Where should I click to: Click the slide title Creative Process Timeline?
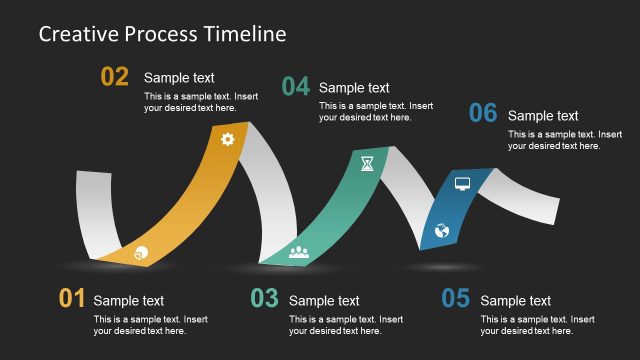(x=162, y=34)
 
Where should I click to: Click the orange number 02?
(x=115, y=77)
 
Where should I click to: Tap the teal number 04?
(x=295, y=87)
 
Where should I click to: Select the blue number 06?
(x=483, y=114)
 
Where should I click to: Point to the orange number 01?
(x=72, y=298)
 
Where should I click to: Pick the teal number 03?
(x=264, y=298)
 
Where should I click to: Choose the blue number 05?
(x=455, y=298)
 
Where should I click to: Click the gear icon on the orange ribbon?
(x=228, y=139)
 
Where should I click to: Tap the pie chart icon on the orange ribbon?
(x=140, y=252)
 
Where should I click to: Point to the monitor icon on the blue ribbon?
(x=462, y=184)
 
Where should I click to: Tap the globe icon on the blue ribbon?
(x=442, y=231)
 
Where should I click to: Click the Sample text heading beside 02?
(x=179, y=78)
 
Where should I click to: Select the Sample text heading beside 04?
(x=354, y=88)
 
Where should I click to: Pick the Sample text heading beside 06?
(x=543, y=116)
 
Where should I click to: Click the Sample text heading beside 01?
(x=129, y=300)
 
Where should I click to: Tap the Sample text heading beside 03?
(x=324, y=300)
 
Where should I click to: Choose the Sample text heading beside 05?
(x=515, y=300)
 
